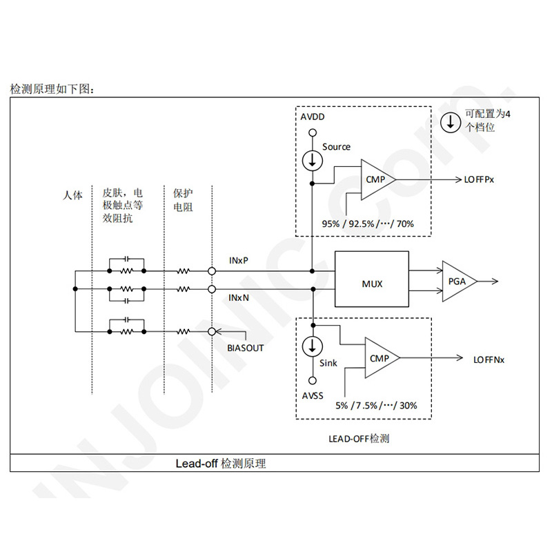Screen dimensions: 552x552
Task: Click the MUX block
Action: point(372,283)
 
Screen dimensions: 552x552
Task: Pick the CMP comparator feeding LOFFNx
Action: point(379,358)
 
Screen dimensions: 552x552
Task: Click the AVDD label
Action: point(313,117)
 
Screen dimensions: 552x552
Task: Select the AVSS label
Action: point(313,397)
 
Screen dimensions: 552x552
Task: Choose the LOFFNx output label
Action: point(489,359)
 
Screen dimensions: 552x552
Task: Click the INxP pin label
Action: point(239,261)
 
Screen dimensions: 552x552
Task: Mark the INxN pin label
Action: point(239,297)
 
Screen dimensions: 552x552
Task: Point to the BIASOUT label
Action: point(246,348)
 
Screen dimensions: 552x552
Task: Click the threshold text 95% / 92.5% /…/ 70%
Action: point(368,224)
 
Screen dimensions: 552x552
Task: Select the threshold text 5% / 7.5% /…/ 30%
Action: point(376,405)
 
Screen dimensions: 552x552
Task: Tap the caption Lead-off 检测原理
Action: point(220,464)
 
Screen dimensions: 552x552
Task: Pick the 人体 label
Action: point(72,195)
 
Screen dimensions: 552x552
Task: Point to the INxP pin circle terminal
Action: point(212,271)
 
